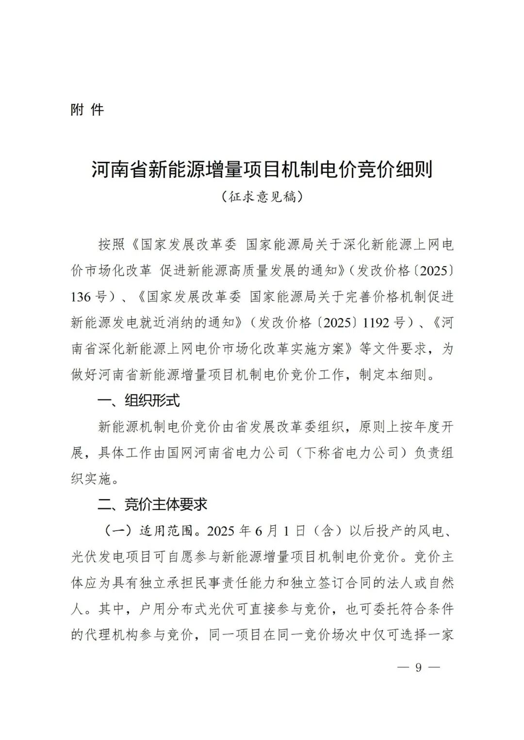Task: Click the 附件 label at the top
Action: pos(87,110)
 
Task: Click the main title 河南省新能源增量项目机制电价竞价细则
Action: pos(262,170)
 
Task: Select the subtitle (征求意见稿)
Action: pos(262,197)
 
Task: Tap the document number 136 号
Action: pos(88,296)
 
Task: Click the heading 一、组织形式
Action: pos(139,401)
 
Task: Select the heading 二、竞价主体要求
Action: pos(152,504)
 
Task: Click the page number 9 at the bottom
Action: pos(418,667)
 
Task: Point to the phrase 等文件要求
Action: pos(392,349)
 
